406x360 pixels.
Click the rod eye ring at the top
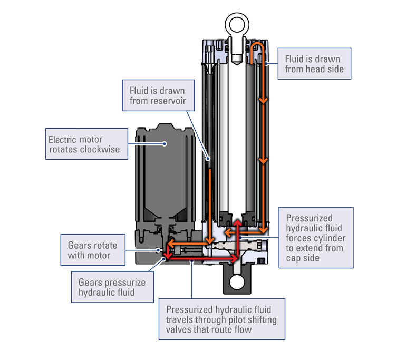(236, 24)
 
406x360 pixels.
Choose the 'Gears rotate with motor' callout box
(93, 250)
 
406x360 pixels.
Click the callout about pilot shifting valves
(221, 319)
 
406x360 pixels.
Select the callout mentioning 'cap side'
(315, 237)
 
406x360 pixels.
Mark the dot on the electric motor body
(165, 143)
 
